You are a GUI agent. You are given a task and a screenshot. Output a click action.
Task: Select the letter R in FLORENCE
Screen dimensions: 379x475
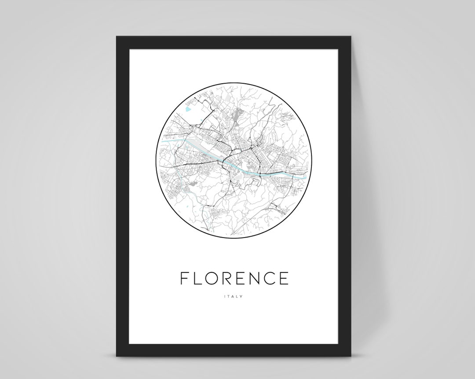coord(222,279)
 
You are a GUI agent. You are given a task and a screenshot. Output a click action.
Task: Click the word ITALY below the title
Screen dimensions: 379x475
coord(234,296)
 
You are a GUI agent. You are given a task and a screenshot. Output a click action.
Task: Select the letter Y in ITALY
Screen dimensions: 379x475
coord(241,296)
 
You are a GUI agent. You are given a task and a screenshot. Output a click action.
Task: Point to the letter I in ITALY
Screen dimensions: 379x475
coord(225,296)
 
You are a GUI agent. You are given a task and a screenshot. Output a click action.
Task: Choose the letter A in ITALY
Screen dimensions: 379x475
coord(233,296)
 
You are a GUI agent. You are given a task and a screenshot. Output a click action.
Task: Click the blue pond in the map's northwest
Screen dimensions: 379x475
coord(188,108)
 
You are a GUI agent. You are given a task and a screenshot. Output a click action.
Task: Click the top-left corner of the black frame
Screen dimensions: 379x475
coord(117,37)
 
